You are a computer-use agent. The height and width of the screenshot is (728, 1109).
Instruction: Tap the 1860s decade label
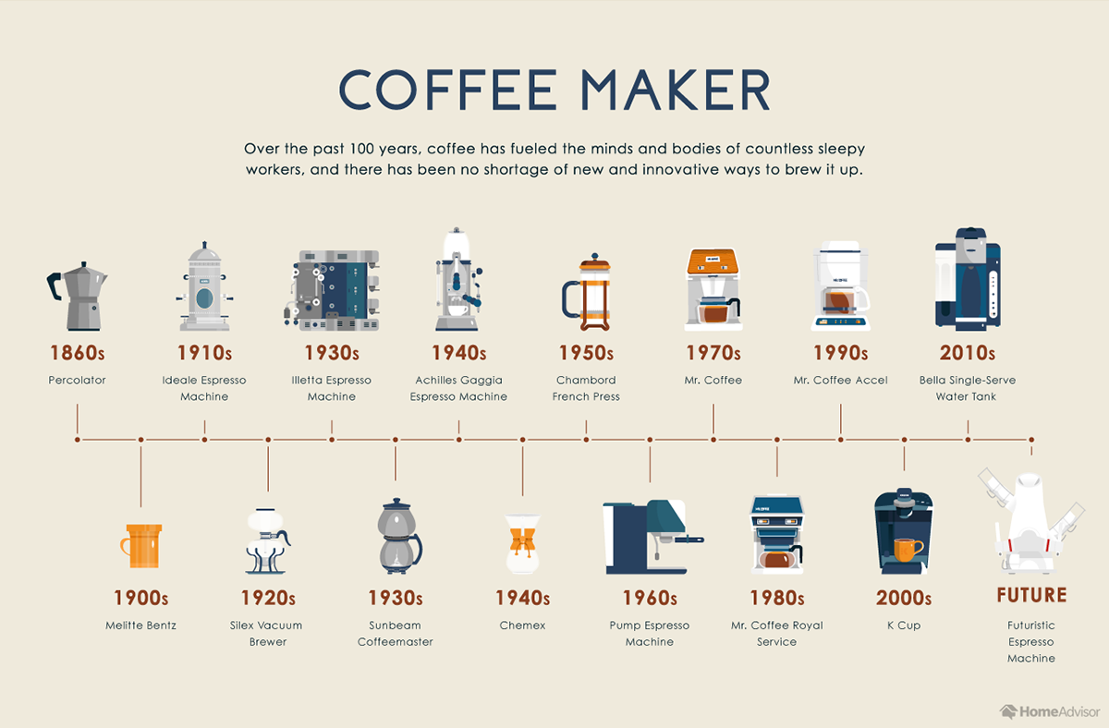(x=78, y=353)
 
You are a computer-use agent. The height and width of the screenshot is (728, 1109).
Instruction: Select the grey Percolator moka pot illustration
(x=78, y=296)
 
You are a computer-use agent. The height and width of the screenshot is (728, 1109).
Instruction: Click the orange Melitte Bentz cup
(x=141, y=545)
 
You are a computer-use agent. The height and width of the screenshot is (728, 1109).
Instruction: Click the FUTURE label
(x=1031, y=595)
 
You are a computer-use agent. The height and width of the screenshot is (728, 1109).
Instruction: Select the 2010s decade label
(x=968, y=353)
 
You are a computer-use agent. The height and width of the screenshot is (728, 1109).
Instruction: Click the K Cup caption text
(x=903, y=625)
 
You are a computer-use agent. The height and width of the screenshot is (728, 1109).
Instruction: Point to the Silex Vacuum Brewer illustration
(x=267, y=540)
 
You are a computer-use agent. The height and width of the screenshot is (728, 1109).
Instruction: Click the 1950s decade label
(x=586, y=353)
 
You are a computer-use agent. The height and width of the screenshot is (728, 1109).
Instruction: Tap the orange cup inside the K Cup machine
(x=908, y=550)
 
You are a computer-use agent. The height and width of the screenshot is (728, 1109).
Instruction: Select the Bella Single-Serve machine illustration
(x=968, y=278)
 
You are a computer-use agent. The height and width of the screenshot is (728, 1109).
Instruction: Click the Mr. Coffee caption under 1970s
(x=713, y=380)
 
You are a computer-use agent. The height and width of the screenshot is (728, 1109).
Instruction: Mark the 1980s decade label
(x=776, y=598)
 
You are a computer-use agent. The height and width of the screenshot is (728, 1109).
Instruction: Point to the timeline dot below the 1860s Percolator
(x=78, y=440)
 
